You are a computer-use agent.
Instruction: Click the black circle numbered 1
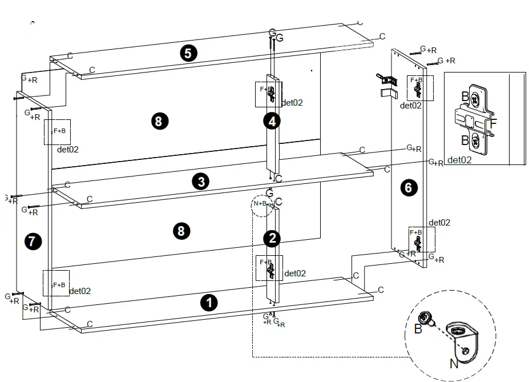click(209, 302)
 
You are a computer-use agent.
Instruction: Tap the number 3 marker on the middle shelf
click(200, 182)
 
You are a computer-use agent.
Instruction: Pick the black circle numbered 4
click(272, 121)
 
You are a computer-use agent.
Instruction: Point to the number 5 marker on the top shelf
click(188, 53)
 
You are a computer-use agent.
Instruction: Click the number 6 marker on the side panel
click(409, 187)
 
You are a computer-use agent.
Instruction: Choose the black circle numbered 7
click(33, 242)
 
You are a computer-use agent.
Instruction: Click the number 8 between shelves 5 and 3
click(159, 120)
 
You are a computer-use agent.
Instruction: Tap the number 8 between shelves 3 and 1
click(181, 231)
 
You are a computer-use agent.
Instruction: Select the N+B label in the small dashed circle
click(261, 204)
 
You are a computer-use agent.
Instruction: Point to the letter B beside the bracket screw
click(418, 329)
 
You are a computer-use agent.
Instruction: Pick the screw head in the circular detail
click(426, 318)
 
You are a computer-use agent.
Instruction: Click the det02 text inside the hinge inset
click(459, 160)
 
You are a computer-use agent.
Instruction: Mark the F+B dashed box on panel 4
click(267, 94)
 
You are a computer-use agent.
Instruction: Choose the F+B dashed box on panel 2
click(268, 267)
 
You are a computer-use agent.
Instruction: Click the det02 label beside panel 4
click(292, 103)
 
